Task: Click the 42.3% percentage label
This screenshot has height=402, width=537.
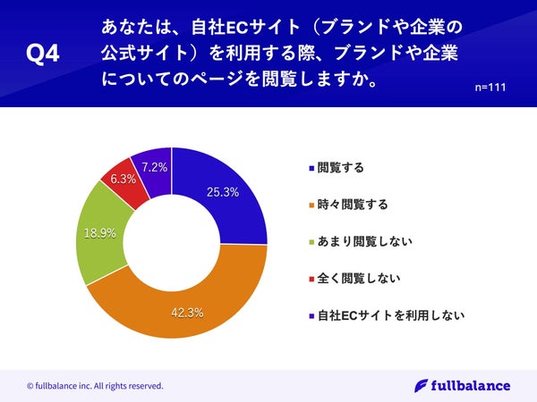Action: [x=187, y=313]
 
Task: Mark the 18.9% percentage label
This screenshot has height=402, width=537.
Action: [x=98, y=234]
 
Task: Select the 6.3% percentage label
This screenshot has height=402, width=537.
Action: [x=123, y=179]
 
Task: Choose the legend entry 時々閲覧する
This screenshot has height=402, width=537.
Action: [x=353, y=205]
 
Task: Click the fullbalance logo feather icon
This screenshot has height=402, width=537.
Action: [x=421, y=385]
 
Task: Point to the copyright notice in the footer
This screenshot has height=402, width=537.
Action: [x=95, y=386]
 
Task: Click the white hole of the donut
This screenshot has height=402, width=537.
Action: [x=172, y=241]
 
